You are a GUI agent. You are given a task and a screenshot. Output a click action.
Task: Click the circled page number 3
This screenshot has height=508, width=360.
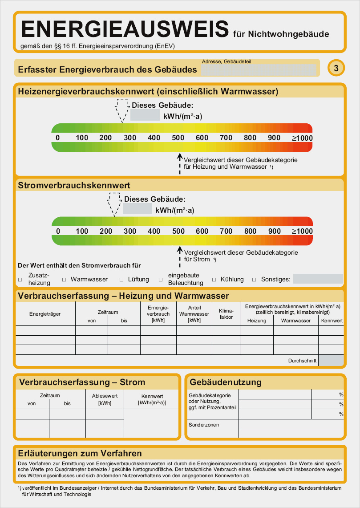(x=336, y=68)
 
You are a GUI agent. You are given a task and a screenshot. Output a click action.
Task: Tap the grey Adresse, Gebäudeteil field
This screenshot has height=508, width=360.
(x=259, y=70)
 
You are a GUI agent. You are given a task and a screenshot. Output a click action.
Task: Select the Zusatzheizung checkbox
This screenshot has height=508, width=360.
(x=20, y=280)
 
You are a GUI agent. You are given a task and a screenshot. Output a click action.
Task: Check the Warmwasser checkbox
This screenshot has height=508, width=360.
(x=64, y=280)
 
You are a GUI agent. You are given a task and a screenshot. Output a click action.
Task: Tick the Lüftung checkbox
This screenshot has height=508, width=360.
(x=121, y=280)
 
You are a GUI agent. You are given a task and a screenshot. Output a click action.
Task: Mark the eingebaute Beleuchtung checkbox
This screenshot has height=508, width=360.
(x=160, y=280)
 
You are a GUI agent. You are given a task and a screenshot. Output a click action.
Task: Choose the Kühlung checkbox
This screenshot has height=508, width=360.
(x=214, y=280)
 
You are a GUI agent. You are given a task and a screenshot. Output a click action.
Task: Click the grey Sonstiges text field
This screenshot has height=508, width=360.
(x=318, y=279)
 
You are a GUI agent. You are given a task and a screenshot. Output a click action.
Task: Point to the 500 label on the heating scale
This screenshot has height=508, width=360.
(x=178, y=138)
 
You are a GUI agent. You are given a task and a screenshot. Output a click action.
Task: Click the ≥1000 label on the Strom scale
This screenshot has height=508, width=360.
(x=302, y=232)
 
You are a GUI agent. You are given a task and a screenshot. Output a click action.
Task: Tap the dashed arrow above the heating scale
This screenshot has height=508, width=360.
(x=121, y=110)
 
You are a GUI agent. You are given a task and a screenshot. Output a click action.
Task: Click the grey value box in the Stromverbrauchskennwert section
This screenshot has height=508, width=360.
(x=138, y=208)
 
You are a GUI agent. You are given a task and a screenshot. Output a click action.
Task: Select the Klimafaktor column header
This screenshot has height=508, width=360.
(x=226, y=313)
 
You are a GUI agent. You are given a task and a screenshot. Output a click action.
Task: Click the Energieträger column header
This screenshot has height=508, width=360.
(x=45, y=314)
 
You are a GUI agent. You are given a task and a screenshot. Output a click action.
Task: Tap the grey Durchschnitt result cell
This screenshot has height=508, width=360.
(x=331, y=361)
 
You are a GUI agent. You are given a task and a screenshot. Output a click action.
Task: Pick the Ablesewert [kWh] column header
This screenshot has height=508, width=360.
(x=105, y=399)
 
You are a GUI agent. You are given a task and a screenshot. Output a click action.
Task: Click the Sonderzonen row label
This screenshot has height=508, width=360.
(x=204, y=425)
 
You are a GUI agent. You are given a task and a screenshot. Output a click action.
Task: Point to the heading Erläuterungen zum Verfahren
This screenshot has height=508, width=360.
(x=80, y=453)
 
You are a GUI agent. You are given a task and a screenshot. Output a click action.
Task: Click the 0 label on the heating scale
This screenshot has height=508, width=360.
(x=58, y=138)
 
